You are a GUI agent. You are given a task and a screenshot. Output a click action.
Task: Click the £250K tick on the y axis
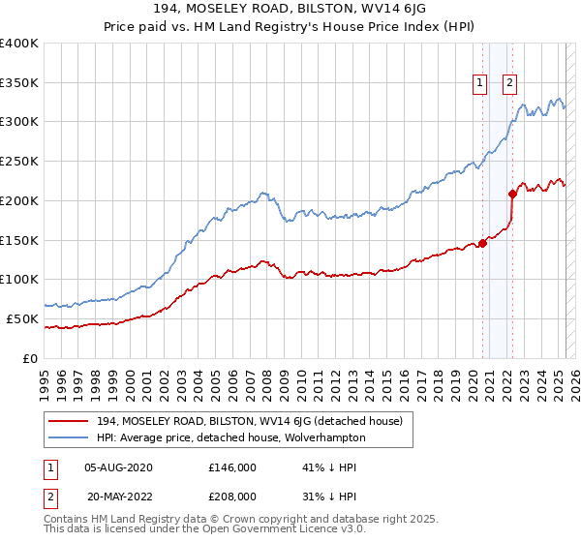click(18, 161)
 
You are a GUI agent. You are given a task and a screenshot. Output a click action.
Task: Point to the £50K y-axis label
click(21, 318)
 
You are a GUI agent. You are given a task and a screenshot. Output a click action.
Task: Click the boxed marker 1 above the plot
click(479, 83)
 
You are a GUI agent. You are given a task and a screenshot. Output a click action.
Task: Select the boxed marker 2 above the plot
click(509, 83)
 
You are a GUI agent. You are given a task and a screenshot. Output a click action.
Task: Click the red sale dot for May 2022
click(512, 194)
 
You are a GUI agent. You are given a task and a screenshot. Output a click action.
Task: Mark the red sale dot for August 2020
click(482, 243)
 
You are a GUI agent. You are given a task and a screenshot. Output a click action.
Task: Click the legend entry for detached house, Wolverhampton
click(230, 437)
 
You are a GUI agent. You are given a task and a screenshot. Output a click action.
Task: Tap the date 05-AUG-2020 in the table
click(118, 467)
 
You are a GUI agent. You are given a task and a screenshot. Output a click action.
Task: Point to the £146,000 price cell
click(232, 467)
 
